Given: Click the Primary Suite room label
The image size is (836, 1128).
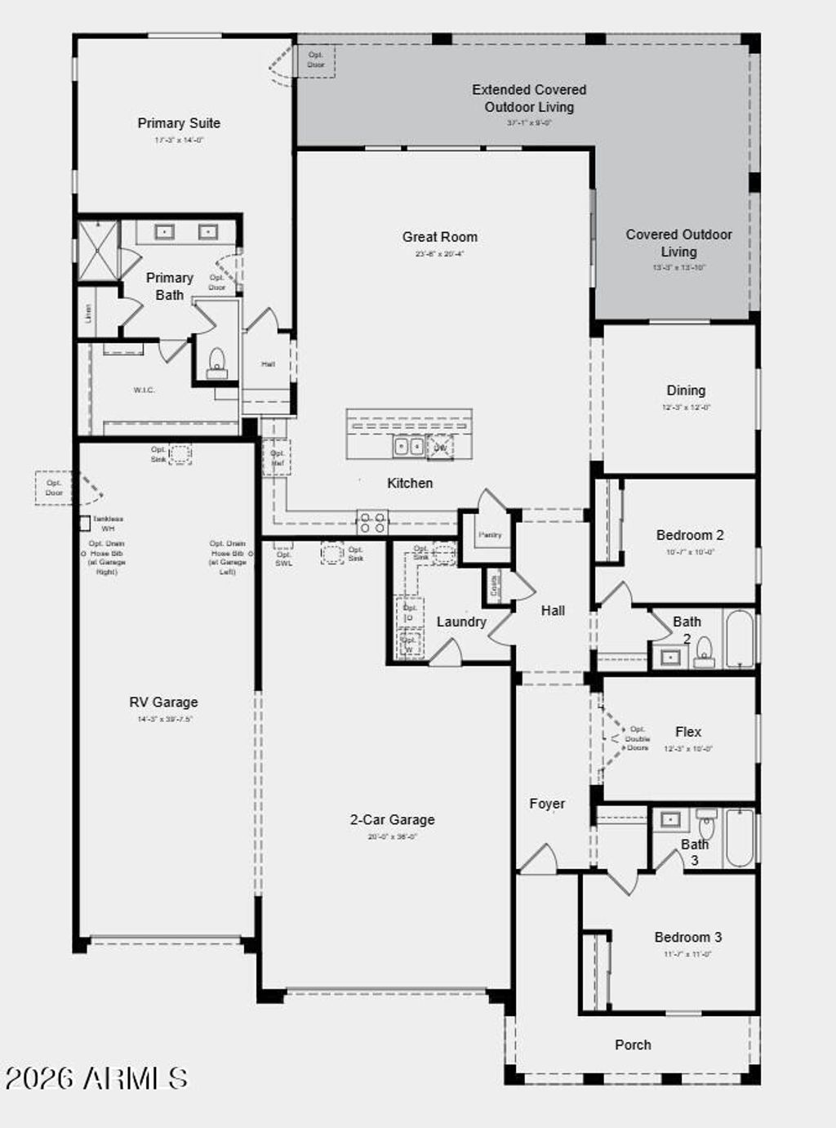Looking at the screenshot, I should pos(179,123).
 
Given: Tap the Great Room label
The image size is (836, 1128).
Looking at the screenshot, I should pos(439,237).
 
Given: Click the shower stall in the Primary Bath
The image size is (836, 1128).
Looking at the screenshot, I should pos(98,251).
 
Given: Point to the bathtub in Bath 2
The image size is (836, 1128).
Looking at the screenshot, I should pos(740,638).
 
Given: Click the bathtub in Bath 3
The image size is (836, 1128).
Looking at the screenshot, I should pos(740,838).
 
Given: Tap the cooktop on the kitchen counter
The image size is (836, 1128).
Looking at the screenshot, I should pos(372,520).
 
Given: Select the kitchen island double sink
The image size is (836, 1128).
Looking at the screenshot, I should pos(408,446).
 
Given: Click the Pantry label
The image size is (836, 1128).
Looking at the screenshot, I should pos(490,535).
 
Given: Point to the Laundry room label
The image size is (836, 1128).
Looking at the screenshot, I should pos(461,622).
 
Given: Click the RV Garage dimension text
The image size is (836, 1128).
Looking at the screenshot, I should pos(165,720).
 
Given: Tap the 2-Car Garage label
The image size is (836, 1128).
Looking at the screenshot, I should pos(392,819).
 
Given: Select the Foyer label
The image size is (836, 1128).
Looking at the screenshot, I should pos(547,804).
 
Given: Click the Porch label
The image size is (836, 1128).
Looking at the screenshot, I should pos(633,1045).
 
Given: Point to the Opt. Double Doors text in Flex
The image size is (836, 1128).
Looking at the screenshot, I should pos(637,738).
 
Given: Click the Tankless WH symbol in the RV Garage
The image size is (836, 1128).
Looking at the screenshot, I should pos(84,524).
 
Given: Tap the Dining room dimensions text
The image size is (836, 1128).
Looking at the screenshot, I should pos(686,407).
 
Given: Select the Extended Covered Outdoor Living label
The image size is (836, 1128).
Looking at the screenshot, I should pos(529,98).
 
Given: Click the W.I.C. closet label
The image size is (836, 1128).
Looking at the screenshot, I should pos(144,390).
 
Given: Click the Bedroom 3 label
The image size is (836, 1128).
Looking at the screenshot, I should pos(687,937).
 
